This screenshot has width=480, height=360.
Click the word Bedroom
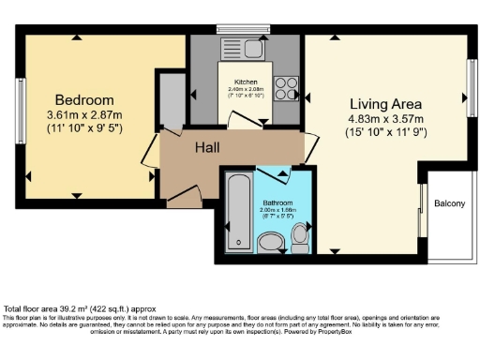click(x=84, y=100)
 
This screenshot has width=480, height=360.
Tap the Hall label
click(x=208, y=147)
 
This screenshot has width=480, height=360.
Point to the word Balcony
click(x=449, y=203)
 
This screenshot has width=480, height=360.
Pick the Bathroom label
click(x=278, y=203)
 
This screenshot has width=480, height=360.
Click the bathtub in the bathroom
click(x=239, y=211)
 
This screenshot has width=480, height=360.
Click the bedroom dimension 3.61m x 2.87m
click(x=84, y=115)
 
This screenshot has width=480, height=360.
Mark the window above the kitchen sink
click(x=243, y=27)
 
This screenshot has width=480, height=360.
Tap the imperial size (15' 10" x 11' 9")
click(x=387, y=132)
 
